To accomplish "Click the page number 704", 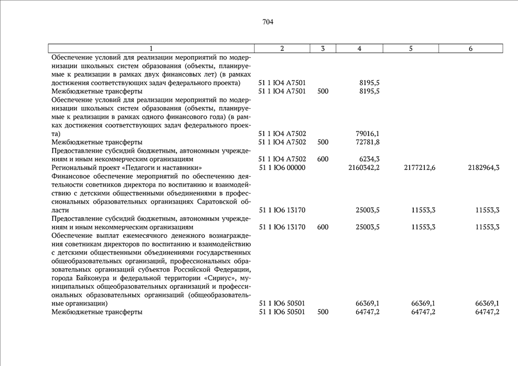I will click(268, 22).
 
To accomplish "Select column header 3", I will click(323, 49).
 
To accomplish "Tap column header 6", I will click(470, 49).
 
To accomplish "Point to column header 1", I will click(151, 49).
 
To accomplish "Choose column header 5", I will click(411, 49).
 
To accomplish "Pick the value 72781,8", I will click(368, 142).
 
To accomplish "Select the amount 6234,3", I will click(369, 159).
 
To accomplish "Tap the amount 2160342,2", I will click(364, 168).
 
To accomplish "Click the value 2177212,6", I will click(420, 168).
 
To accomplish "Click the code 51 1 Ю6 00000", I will click(282, 168).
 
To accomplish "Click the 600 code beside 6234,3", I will click(323, 159).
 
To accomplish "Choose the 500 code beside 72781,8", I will click(323, 142).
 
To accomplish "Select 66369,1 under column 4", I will click(368, 303).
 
